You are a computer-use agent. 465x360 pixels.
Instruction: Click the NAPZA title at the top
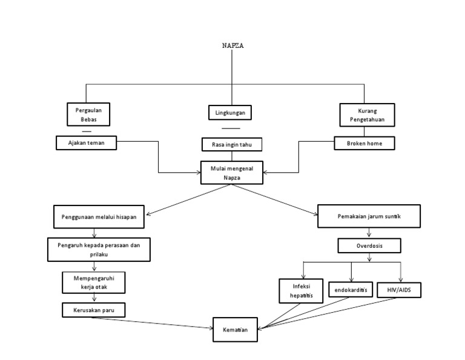(x=232, y=45)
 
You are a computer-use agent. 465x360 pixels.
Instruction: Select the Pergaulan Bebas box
(x=86, y=114)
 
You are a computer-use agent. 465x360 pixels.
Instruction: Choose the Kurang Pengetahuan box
(x=367, y=115)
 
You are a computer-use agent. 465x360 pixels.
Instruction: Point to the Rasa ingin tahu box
(x=232, y=144)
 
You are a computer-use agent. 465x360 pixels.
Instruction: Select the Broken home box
(x=365, y=143)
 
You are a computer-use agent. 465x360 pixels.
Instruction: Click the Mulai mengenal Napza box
(x=232, y=172)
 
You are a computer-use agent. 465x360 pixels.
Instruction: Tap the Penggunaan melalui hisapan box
(x=97, y=216)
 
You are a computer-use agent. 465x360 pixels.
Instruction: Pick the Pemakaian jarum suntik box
(x=369, y=216)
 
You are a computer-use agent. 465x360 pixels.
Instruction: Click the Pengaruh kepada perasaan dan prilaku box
(x=99, y=249)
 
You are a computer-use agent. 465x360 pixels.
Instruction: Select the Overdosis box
(x=369, y=246)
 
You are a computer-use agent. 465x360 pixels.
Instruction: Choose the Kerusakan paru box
(x=93, y=310)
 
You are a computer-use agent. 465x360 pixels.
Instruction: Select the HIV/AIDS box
(x=398, y=290)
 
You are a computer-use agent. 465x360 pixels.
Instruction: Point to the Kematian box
(x=236, y=330)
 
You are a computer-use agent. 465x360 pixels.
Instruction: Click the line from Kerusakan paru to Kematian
(x=151, y=322)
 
